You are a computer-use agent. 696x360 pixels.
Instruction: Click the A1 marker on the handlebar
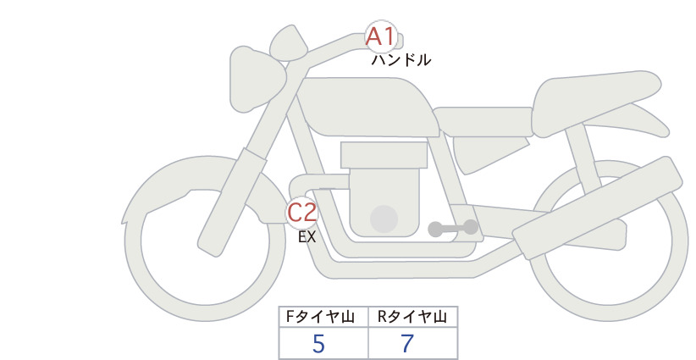click(x=380, y=36)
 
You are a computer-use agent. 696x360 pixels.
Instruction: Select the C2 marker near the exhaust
click(x=301, y=212)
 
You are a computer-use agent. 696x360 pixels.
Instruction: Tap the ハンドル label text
click(x=400, y=60)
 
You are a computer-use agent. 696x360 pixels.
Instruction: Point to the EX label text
click(x=307, y=237)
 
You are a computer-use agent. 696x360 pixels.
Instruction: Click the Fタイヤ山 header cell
click(x=323, y=317)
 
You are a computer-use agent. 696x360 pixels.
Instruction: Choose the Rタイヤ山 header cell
click(x=413, y=317)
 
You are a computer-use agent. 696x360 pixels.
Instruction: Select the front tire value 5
click(x=318, y=344)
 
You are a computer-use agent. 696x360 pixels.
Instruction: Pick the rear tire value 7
click(x=407, y=344)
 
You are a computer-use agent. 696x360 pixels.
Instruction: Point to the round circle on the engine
click(x=384, y=219)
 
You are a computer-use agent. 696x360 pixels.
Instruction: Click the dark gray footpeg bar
click(x=453, y=228)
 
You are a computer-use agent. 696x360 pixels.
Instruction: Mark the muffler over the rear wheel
click(x=597, y=208)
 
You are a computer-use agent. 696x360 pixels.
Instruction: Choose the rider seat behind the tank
click(x=483, y=122)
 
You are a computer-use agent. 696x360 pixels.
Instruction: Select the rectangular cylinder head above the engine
click(x=384, y=155)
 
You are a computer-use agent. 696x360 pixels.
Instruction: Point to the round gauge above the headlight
click(x=289, y=43)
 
